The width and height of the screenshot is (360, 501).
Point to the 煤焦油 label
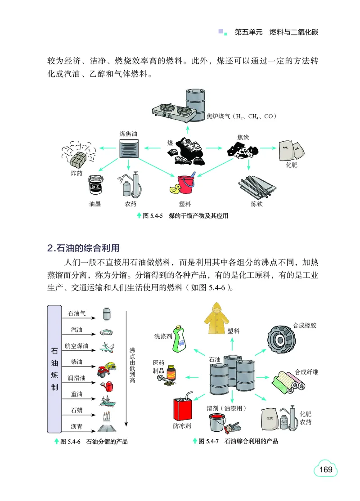point(131,134)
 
